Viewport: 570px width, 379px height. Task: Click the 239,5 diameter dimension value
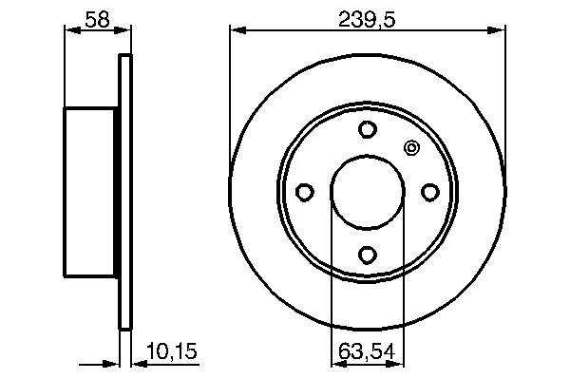366,20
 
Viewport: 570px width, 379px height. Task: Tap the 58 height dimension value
97,20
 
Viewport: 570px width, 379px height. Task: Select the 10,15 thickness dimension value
172,351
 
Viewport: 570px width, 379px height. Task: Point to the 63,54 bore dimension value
367,351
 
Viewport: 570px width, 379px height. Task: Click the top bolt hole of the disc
367,129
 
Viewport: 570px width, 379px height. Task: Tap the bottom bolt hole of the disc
367,255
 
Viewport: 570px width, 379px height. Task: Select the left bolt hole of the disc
305,192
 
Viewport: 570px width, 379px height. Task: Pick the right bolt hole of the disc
430,192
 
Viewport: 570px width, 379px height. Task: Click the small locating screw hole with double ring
412,148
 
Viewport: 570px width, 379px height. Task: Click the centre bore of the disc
368,192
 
